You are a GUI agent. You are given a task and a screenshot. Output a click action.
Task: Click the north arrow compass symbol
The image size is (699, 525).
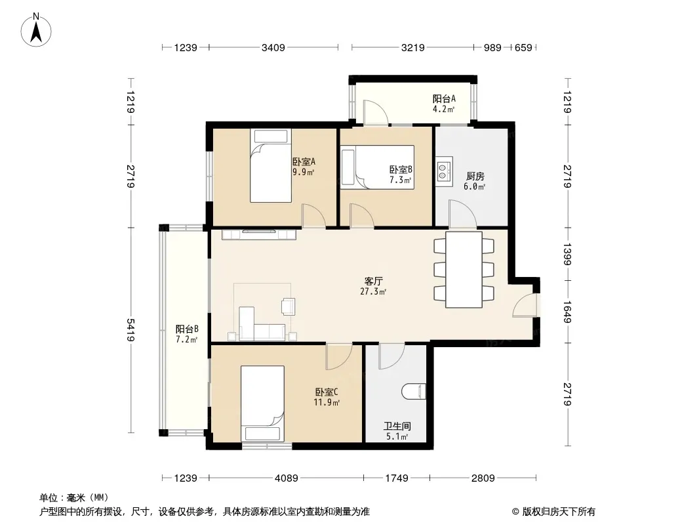click(36, 30)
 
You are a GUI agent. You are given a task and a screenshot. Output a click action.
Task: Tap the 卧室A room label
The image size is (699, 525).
click(304, 161)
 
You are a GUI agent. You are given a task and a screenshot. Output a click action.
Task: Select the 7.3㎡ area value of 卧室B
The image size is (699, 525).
click(400, 180)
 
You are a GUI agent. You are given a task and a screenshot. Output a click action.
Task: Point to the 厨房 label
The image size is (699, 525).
click(475, 176)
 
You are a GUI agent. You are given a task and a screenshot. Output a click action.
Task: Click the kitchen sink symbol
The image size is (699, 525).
click(445, 169)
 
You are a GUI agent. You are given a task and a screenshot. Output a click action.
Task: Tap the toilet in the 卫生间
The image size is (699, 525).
click(414, 392)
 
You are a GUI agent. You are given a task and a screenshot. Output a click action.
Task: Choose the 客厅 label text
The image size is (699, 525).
click(373, 281)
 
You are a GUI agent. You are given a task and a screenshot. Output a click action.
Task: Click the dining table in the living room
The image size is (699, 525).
click(464, 270)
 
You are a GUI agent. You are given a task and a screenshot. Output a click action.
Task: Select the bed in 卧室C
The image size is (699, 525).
click(262, 404)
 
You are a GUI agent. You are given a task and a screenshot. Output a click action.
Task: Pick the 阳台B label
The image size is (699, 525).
click(187, 329)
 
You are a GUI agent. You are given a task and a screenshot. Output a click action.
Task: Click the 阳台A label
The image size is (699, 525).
click(444, 98)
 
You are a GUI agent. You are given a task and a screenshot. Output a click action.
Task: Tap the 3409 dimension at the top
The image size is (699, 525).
click(273, 47)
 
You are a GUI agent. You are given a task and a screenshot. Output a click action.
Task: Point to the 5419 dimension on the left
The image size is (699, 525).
click(130, 329)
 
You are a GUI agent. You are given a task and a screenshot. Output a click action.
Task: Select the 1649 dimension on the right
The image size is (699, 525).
click(567, 312)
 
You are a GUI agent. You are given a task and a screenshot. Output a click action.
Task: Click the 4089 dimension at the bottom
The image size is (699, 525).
click(286, 478)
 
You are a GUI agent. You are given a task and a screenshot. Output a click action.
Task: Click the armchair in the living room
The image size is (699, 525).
click(289, 306)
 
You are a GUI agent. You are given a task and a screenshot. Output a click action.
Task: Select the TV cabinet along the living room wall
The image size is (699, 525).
click(259, 234)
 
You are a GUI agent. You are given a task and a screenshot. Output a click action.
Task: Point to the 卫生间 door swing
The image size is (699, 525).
click(391, 356)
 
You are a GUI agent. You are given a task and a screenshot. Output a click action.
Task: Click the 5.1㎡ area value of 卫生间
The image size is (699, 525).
click(397, 436)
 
